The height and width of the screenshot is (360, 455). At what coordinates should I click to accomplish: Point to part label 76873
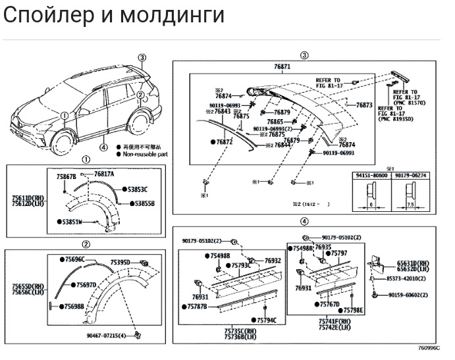pyautogui.click(x=364, y=105)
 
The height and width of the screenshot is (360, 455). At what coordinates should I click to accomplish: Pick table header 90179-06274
pyautogui.click(x=409, y=176)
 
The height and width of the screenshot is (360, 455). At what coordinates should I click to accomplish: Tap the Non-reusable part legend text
pyautogui.click(x=145, y=154)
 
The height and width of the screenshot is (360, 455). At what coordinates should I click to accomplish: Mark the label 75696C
pyautogui.click(x=74, y=260)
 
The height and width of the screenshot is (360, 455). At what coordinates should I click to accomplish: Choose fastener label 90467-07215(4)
pyautogui.click(x=109, y=335)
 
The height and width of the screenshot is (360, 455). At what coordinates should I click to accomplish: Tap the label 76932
pyautogui.click(x=273, y=261)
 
